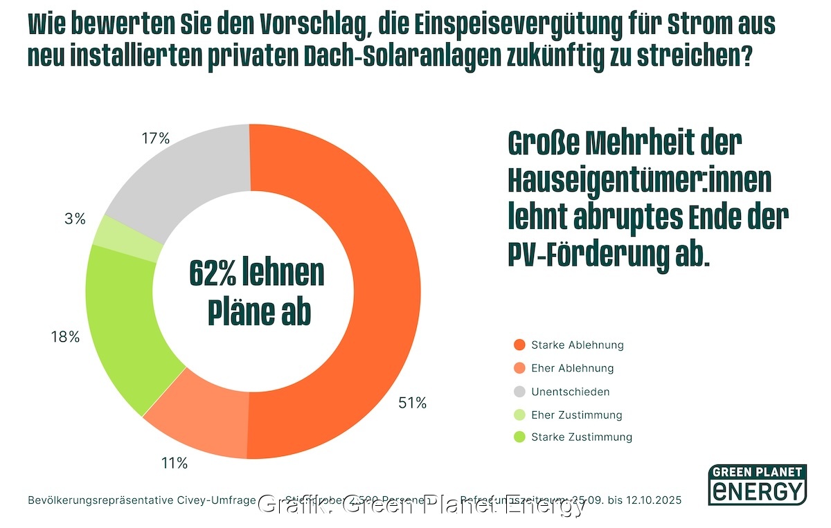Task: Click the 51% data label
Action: click(412, 403)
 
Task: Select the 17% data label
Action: click(155, 138)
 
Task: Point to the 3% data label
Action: click(75, 219)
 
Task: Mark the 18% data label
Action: click(65, 337)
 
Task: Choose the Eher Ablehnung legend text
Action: click(572, 368)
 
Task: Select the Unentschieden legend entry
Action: click(570, 392)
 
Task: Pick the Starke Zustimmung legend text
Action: click(582, 437)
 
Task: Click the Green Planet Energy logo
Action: click(757, 484)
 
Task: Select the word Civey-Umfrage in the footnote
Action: click(222, 500)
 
